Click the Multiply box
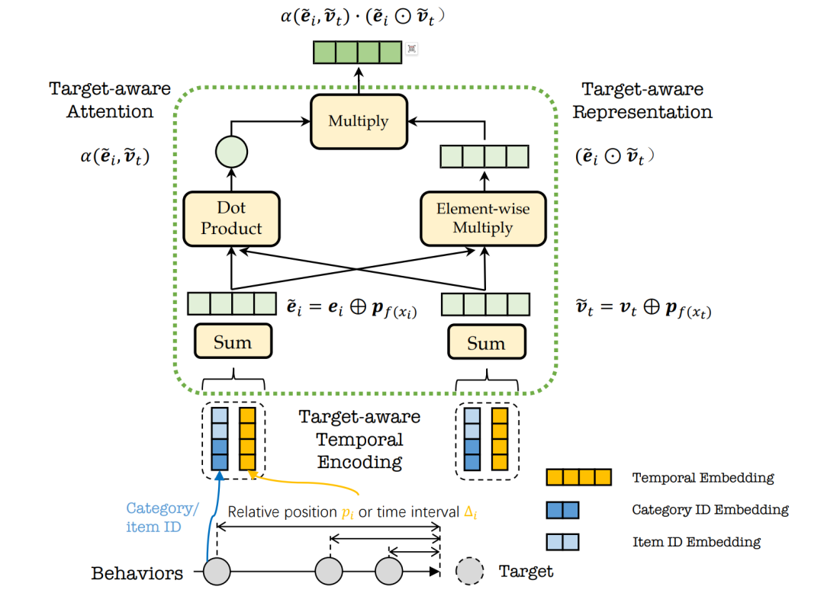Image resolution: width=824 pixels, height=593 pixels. coord(359,122)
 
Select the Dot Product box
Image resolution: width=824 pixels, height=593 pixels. coord(231,219)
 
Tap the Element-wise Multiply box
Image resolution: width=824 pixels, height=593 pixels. coord(483,219)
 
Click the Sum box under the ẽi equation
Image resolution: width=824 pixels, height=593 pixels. coord(233,341)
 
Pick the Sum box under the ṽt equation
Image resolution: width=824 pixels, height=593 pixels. coord(487,342)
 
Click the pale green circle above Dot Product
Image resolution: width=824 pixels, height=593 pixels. coord(231,152)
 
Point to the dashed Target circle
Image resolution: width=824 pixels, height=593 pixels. coord(469,571)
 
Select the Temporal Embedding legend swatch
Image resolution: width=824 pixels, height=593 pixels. coord(578,477)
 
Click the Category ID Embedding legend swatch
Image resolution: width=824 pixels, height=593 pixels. coord(563,510)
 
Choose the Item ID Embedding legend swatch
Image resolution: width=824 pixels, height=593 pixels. coord(563,542)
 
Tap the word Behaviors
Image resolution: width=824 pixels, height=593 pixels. coord(137,573)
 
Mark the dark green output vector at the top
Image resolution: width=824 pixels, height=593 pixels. coord(357,53)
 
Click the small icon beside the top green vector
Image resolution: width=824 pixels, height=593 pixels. coord(412,49)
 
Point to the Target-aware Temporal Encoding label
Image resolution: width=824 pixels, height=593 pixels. coord(360,439)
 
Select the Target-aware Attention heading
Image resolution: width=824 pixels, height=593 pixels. coord(110,100)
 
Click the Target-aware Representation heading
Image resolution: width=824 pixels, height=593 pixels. coord(642,101)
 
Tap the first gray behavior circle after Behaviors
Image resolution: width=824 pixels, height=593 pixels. coord(217,572)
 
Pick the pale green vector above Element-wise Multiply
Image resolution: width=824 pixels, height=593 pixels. coord(484,156)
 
